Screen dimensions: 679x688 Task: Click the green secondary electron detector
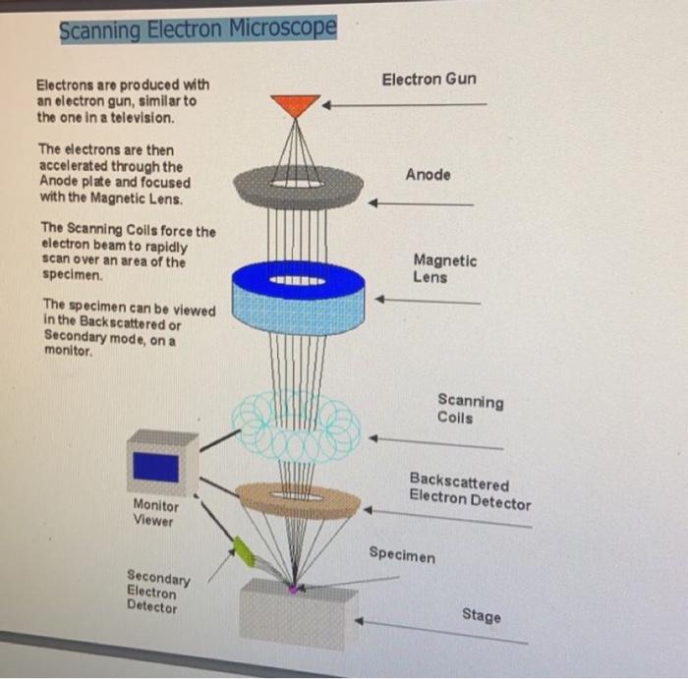[x=243, y=551]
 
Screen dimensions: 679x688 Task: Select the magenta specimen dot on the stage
[x=292, y=588]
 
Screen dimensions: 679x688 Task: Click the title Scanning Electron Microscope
[x=198, y=29]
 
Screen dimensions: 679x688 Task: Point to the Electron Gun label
[x=429, y=79]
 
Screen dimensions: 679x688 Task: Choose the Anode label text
[x=429, y=175]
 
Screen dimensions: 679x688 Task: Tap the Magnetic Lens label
[x=444, y=269]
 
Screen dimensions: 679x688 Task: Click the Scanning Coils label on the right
[x=470, y=409]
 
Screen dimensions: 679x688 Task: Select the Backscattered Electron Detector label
[x=469, y=493]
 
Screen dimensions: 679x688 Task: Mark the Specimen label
[x=401, y=555]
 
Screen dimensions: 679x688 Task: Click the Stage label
[x=481, y=616]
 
